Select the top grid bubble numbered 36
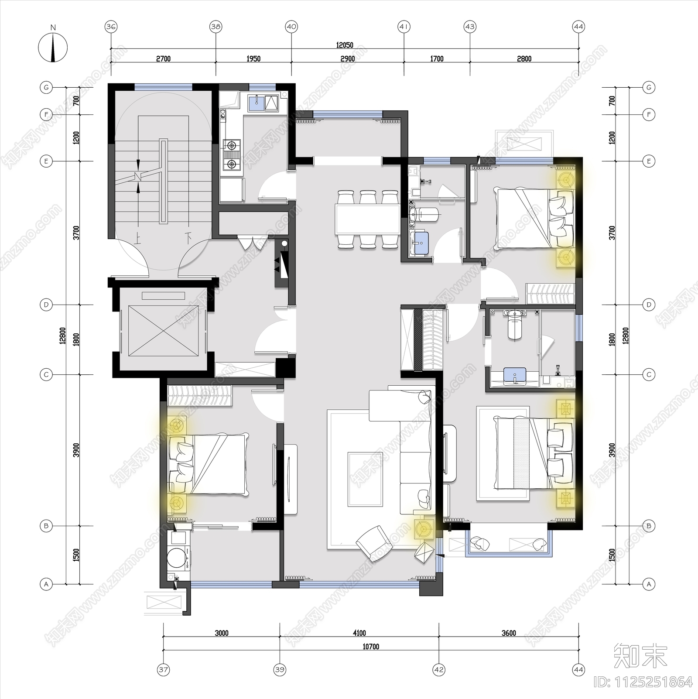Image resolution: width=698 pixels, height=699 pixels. [111, 27]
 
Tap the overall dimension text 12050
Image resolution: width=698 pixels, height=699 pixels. [345, 45]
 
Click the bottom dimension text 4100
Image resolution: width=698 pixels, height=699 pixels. [359, 633]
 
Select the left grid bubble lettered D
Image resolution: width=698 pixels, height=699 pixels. [46, 305]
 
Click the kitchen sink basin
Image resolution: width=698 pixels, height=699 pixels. [256, 103]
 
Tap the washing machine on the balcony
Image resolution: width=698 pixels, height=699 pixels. [178, 559]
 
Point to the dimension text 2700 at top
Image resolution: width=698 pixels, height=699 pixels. [163, 59]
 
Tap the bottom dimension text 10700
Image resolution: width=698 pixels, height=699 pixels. [370, 647]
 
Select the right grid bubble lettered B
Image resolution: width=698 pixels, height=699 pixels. [649, 526]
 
